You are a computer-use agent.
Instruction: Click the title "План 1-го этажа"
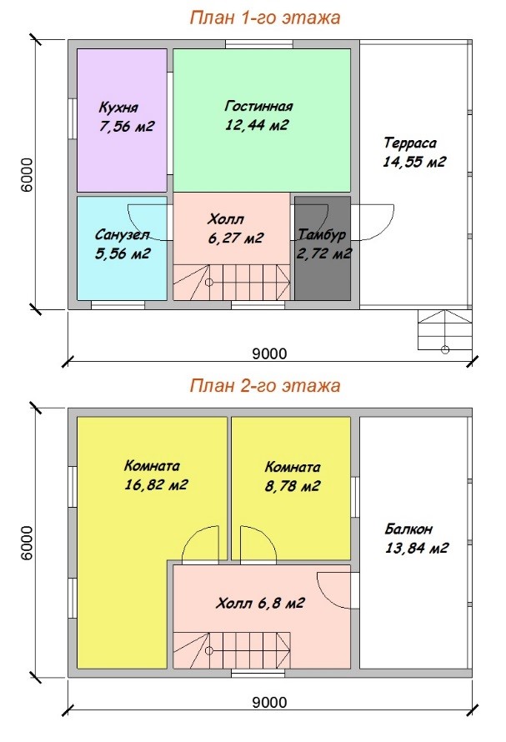click(x=265, y=18)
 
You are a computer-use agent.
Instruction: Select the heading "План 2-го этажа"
click(x=265, y=385)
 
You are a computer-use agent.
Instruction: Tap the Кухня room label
click(x=118, y=108)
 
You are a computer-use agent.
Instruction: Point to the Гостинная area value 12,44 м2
click(x=257, y=125)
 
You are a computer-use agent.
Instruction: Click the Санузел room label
click(x=122, y=234)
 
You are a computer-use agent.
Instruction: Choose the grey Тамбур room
click(x=323, y=248)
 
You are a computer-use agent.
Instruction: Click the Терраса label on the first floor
click(x=410, y=143)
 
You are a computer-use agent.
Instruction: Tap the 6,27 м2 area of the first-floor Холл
click(x=235, y=238)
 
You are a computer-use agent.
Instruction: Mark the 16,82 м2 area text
click(x=156, y=484)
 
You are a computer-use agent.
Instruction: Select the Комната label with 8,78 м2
click(x=293, y=467)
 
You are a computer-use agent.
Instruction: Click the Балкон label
click(x=408, y=529)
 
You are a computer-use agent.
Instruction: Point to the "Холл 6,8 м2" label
click(x=260, y=604)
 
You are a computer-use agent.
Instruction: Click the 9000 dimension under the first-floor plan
click(x=269, y=353)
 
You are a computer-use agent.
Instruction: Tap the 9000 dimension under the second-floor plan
click(x=269, y=702)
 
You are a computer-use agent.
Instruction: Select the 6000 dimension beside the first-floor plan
click(x=28, y=174)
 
